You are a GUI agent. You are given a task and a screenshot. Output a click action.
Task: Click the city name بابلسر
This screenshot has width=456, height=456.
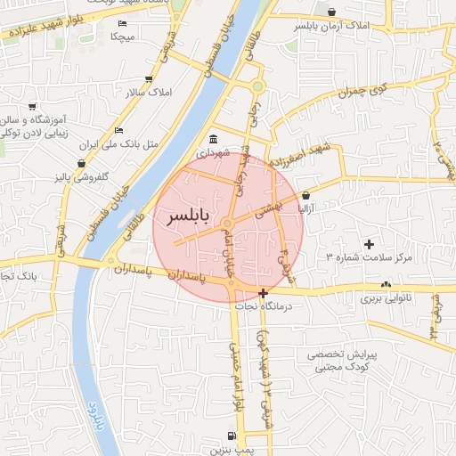pyautogui.click(x=191, y=217)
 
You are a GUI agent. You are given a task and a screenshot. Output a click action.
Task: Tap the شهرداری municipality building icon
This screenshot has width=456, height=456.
pyautogui.click(x=215, y=140)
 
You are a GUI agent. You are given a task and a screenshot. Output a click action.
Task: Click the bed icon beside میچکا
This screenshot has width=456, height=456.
pyautogui.click(x=122, y=23)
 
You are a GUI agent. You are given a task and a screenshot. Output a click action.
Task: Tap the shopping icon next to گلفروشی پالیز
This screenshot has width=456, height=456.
pyautogui.click(x=82, y=164)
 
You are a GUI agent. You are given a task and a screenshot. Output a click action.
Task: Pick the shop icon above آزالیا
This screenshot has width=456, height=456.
pyautogui.click(x=305, y=195)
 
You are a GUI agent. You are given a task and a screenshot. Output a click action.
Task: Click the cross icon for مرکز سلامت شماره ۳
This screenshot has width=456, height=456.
pyautogui.click(x=370, y=244)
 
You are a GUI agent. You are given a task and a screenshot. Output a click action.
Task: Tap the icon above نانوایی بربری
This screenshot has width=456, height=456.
pyautogui.click(x=386, y=285)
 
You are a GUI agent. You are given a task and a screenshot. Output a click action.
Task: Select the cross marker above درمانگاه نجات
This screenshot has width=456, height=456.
pyautogui.click(x=263, y=293)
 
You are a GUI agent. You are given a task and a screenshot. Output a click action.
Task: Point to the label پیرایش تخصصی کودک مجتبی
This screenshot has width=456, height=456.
pyautogui.click(x=343, y=361)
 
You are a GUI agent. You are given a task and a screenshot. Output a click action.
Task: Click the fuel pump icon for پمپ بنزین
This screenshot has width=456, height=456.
pyautogui.click(x=232, y=436)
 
